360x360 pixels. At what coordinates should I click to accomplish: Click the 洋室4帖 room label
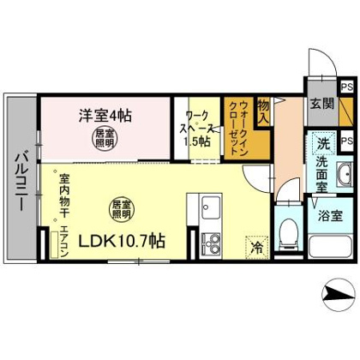(x=105, y=116)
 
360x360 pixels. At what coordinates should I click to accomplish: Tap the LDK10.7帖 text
(x=122, y=242)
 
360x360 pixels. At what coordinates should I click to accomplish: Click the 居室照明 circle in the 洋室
(x=105, y=138)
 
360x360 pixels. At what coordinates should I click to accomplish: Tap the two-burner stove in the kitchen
(x=211, y=243)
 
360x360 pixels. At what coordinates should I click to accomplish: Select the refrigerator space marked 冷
(x=257, y=248)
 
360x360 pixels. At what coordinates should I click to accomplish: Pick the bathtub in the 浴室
(x=331, y=246)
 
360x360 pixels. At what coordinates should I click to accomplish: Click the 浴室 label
(x=331, y=216)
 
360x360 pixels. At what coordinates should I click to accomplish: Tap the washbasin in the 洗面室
(x=345, y=175)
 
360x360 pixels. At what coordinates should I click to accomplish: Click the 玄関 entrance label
(x=322, y=104)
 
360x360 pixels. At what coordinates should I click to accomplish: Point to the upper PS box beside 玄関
(x=347, y=87)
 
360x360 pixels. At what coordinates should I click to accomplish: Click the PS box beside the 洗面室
(x=347, y=141)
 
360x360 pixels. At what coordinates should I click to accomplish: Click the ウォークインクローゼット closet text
(x=238, y=128)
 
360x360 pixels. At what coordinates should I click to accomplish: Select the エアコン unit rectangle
(x=54, y=244)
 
